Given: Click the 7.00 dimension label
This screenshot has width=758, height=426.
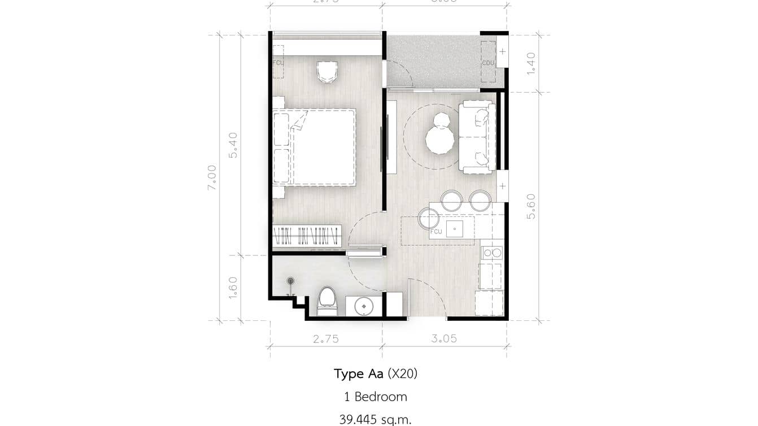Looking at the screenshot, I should (212, 177).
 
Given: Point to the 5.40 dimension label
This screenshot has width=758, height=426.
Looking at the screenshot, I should (233, 145).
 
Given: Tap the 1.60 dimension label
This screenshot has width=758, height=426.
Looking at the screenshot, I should (233, 288).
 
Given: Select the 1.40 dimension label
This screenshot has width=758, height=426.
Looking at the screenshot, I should (531, 63).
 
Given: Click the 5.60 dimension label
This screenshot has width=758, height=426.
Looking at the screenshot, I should (531, 207).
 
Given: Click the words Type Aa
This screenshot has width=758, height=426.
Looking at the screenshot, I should (358, 373).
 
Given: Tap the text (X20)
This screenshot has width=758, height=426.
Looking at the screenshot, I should (402, 373).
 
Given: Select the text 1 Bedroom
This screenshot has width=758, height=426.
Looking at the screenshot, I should (376, 397).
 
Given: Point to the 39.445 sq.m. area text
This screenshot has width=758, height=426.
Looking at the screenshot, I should (376, 419).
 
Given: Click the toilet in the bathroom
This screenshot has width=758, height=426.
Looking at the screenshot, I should (326, 301).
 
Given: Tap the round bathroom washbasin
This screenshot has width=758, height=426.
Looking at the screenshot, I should (364, 306).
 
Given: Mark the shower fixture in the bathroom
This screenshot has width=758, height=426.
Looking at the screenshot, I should (291, 281).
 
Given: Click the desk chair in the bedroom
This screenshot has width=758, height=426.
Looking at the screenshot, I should (327, 72).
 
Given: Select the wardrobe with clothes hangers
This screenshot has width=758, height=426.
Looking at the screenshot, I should (307, 236).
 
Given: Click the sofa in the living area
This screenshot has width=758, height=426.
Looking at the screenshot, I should (477, 137).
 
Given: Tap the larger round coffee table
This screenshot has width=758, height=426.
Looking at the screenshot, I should (440, 140).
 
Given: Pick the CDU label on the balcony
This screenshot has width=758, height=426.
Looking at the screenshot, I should (488, 63).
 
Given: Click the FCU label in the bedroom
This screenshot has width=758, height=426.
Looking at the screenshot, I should (278, 63).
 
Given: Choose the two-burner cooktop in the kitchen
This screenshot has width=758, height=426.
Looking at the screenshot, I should (491, 253).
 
